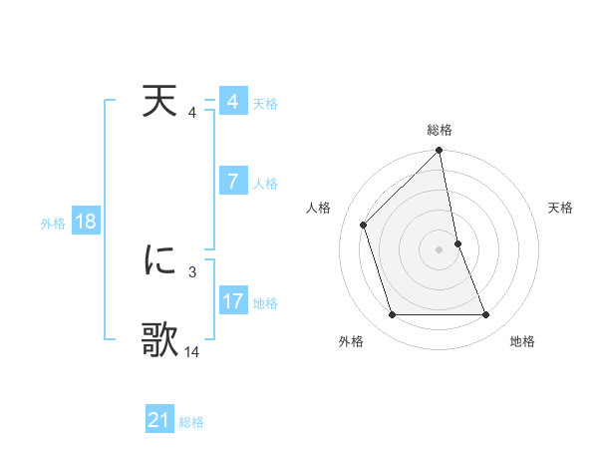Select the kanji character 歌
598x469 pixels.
click(159, 340)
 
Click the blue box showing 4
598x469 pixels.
click(232, 102)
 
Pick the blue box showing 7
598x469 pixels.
click(232, 181)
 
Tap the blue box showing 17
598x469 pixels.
click(232, 300)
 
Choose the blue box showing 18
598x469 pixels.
click(85, 222)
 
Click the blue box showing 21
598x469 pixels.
click(158, 420)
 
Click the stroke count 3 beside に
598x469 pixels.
click(192, 270)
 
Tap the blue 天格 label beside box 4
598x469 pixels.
click(265, 104)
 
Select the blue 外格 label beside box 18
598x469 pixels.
click(53, 224)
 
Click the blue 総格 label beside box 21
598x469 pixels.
click(191, 422)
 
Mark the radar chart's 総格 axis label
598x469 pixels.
click(440, 130)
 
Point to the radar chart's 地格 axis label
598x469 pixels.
click(522, 341)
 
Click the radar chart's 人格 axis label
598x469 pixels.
click(318, 208)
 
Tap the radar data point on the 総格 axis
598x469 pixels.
click(440, 152)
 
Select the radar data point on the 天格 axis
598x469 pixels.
click(457, 243)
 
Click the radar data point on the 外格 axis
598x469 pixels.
click(393, 315)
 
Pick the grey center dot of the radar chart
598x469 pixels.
click(440, 249)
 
